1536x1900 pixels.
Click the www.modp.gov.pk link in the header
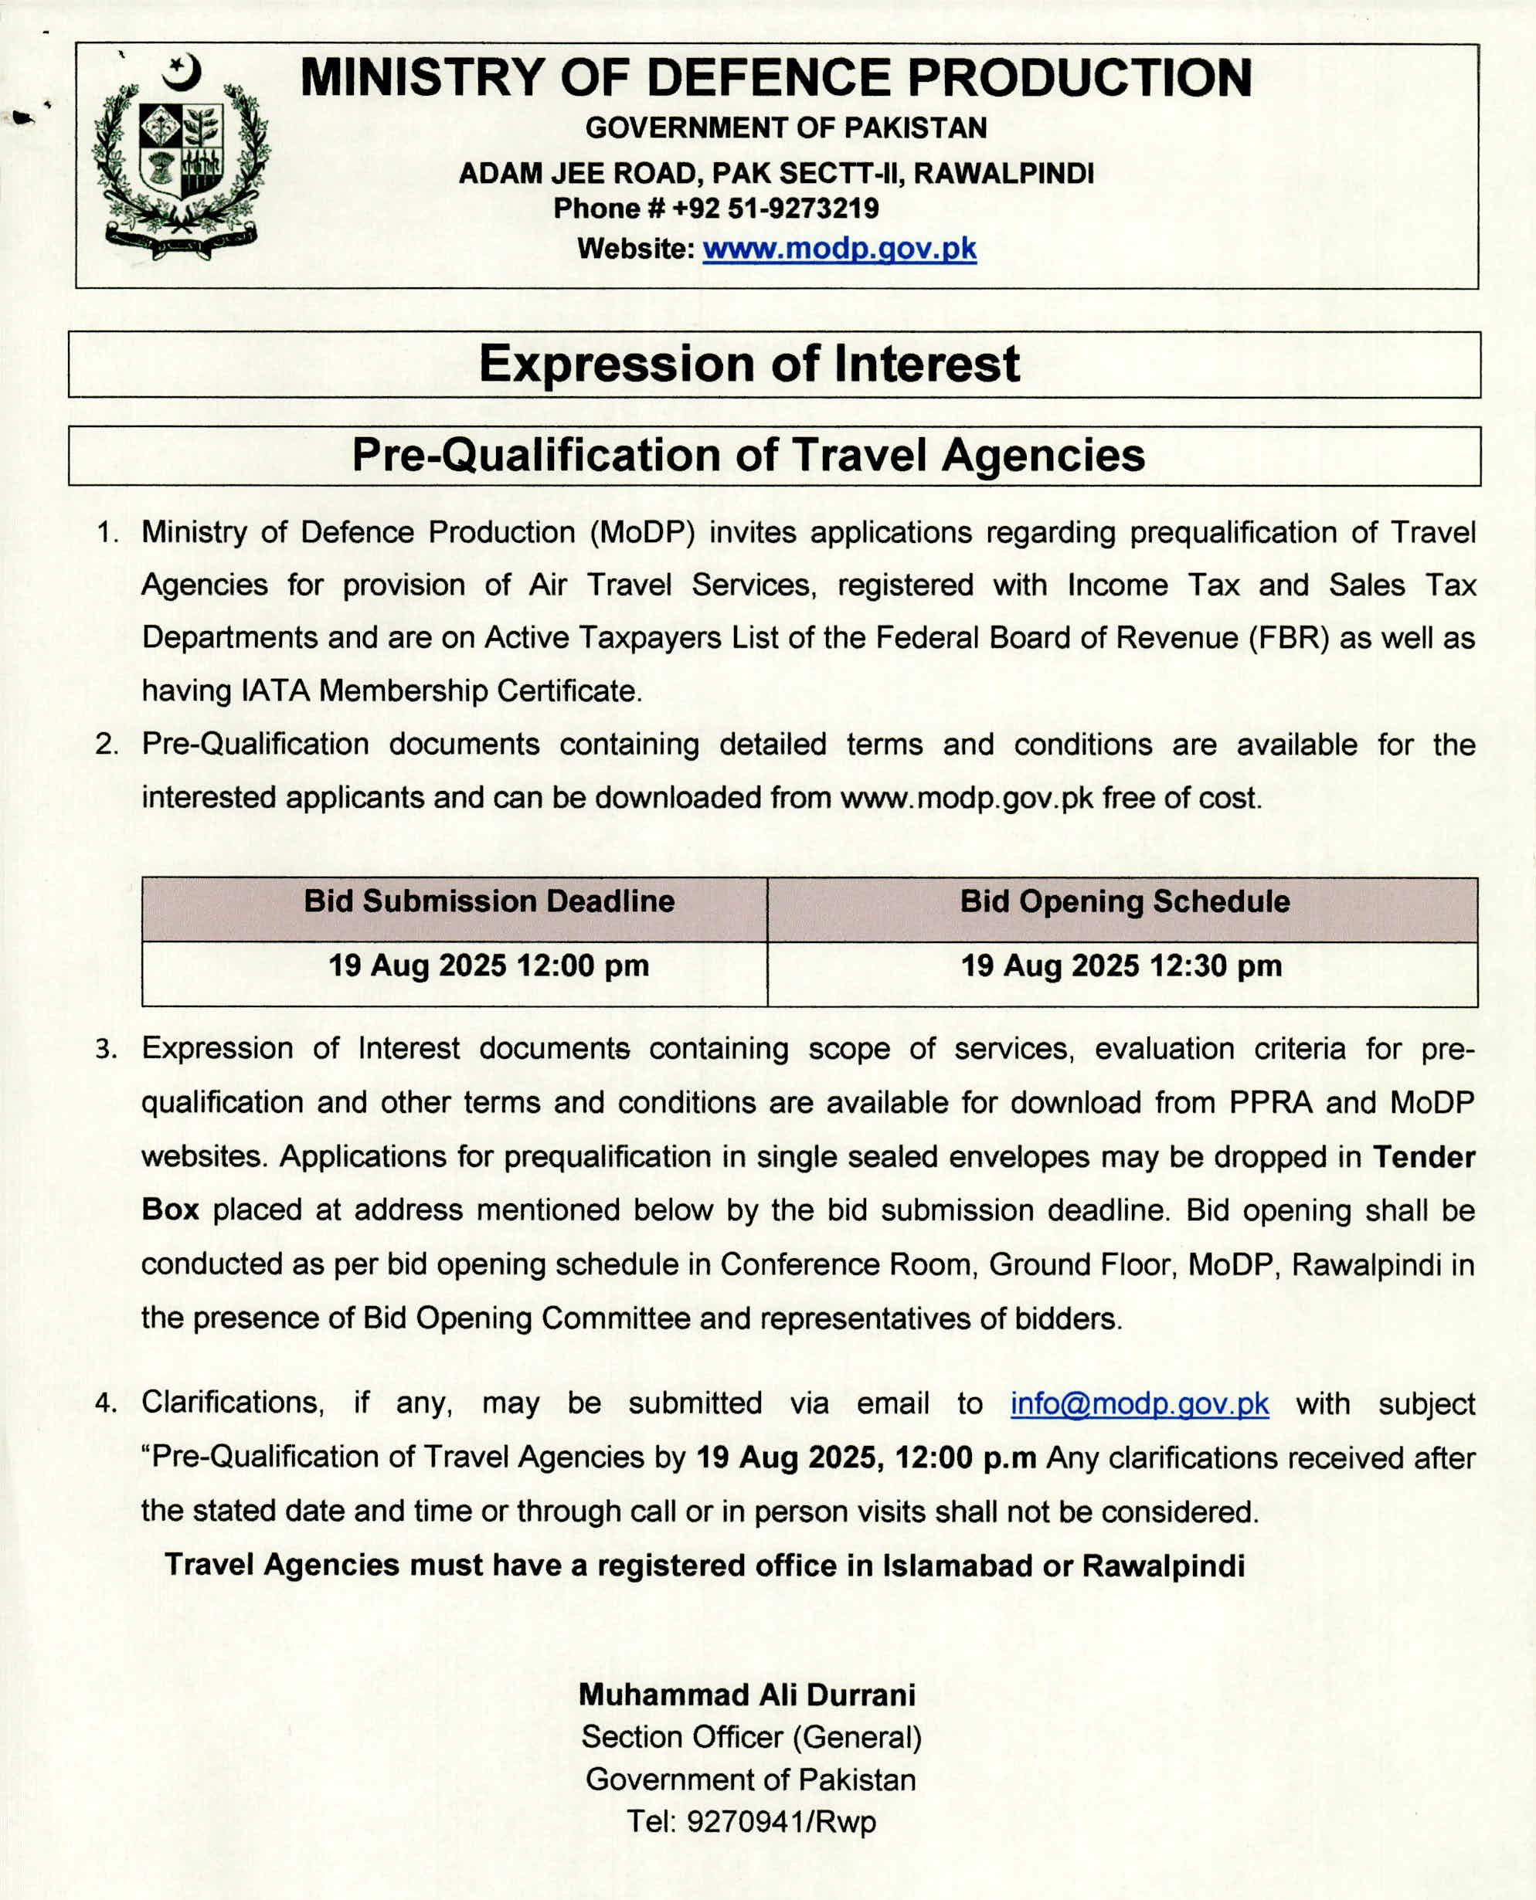pyautogui.click(x=839, y=249)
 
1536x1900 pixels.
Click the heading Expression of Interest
pyautogui.click(x=749, y=364)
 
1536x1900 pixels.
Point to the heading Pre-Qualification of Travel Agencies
pyautogui.click(x=749, y=456)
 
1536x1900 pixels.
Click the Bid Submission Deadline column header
pyautogui.click(x=489, y=901)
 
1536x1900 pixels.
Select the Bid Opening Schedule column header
pyautogui.click(x=1125, y=901)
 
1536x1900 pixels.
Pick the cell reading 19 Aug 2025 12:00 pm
pyautogui.click(x=488, y=965)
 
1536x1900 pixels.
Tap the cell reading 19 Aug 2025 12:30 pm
pyautogui.click(x=1121, y=965)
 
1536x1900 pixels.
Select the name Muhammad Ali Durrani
pyautogui.click(x=748, y=1695)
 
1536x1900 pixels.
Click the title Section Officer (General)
pyautogui.click(x=751, y=1737)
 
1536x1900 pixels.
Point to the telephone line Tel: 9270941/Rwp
pyautogui.click(x=751, y=1822)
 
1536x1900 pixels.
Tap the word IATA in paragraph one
pyautogui.click(x=275, y=690)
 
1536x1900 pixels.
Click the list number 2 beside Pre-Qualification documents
pyautogui.click(x=107, y=745)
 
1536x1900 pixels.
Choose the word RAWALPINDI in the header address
pyautogui.click(x=1004, y=173)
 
